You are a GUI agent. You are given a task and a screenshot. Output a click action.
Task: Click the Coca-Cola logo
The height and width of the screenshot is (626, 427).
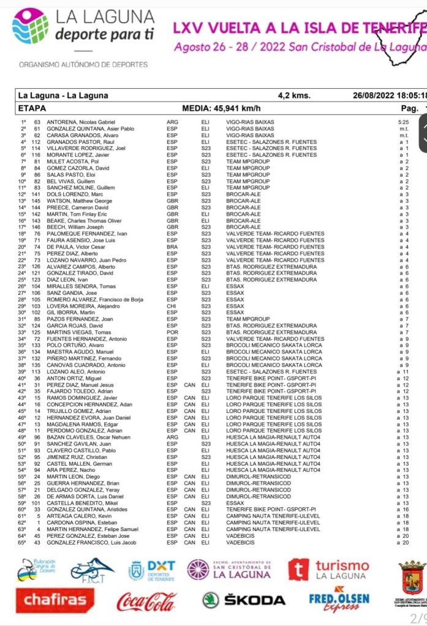tap(147, 600)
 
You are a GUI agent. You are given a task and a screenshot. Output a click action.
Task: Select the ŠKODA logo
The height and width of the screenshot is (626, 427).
tap(244, 600)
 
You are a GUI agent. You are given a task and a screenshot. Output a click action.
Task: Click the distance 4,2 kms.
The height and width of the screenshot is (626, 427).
tap(294, 95)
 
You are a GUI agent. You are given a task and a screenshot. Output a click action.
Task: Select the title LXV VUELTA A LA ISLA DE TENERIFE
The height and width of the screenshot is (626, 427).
tap(299, 28)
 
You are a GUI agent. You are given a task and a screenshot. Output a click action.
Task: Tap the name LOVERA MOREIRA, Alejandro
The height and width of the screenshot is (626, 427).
tap(76, 305)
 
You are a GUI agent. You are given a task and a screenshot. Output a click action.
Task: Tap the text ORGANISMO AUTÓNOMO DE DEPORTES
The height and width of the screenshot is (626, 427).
tap(83, 64)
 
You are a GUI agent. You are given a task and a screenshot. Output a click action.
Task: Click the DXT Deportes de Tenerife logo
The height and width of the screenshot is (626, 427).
tap(151, 570)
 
